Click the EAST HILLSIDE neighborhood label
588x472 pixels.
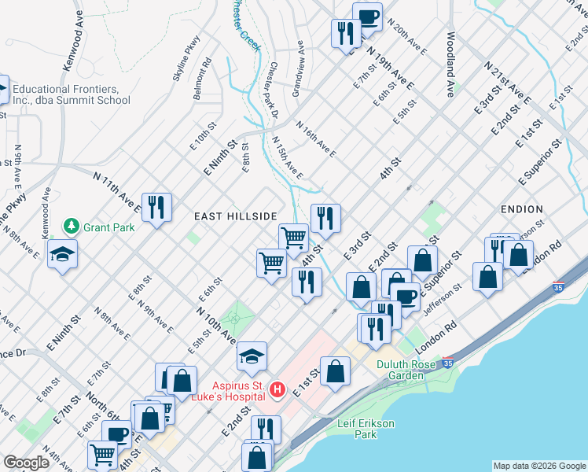point(236,216)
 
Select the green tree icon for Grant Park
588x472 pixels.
point(72,227)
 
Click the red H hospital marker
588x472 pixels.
point(277,389)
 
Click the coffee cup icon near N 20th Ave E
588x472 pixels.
point(367,17)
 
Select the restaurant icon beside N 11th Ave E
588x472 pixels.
point(156,208)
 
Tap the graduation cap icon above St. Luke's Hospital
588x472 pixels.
point(252,356)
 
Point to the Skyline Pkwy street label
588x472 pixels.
point(182,65)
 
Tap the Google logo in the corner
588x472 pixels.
point(27,463)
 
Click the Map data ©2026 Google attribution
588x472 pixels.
point(539,466)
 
